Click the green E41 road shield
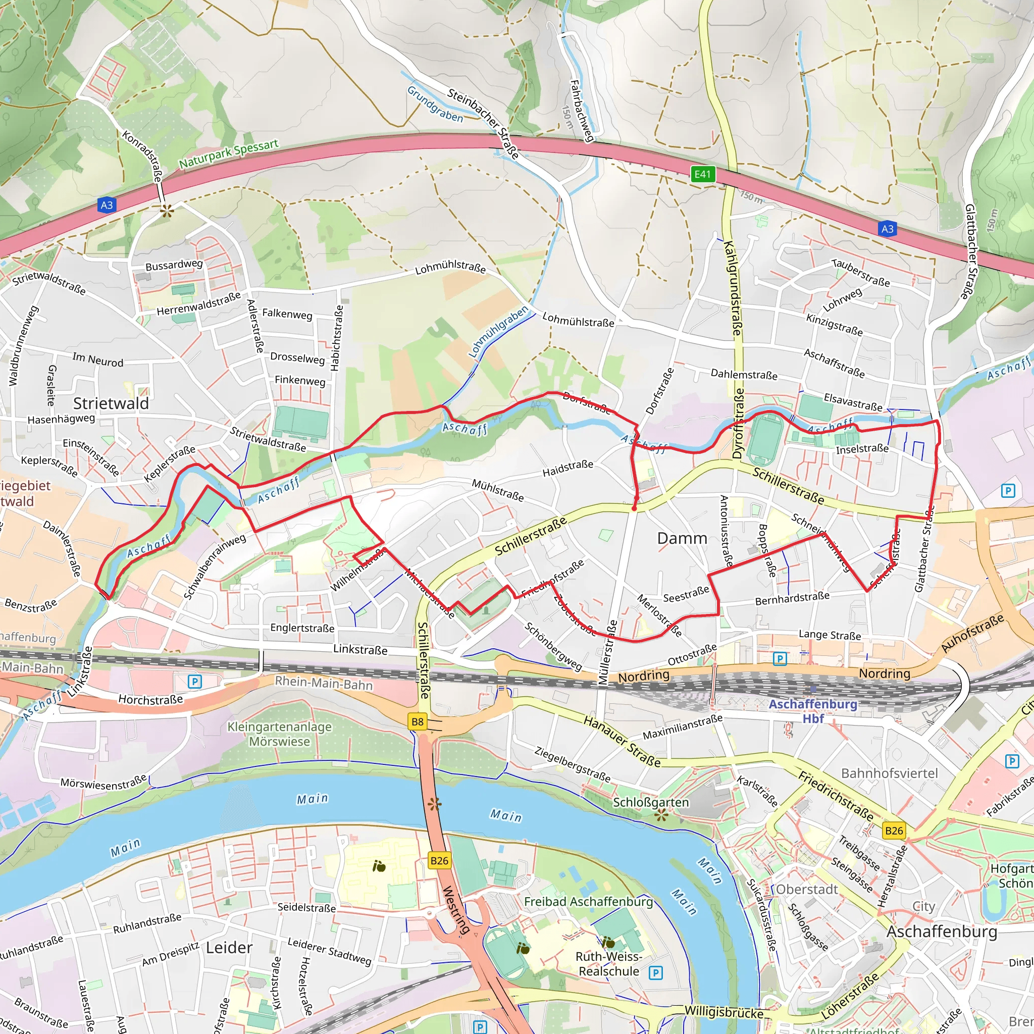pyautogui.click(x=702, y=174)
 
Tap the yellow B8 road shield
pyautogui.click(x=417, y=721)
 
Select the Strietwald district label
pyautogui.click(x=111, y=403)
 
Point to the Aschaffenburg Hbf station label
pyautogui.click(x=812, y=711)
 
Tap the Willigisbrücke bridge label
pyautogui.click(x=723, y=1013)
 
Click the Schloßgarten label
pyautogui.click(x=650, y=802)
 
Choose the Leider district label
pyautogui.click(x=229, y=948)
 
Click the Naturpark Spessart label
pyautogui.click(x=229, y=153)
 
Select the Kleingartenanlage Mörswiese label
pyautogui.click(x=279, y=734)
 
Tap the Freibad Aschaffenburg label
pyautogui.click(x=588, y=902)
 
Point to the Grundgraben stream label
pyautogui.click(x=435, y=105)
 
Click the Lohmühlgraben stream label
pyautogui.click(x=498, y=332)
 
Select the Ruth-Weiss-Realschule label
pyautogui.click(x=608, y=964)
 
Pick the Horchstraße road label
pyautogui.click(x=150, y=699)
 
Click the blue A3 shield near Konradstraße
pyautogui.click(x=107, y=204)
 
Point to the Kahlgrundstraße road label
pyautogui.click(x=732, y=288)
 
